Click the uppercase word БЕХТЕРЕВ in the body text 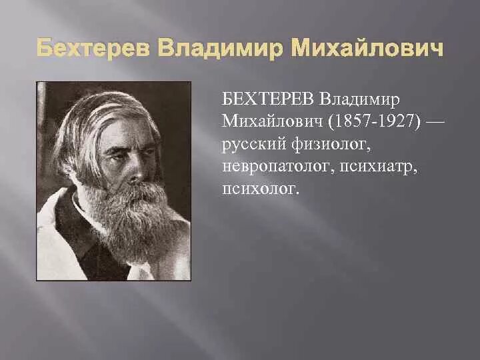point(269,100)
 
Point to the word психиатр point(379,167)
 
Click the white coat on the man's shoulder point(53,240)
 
